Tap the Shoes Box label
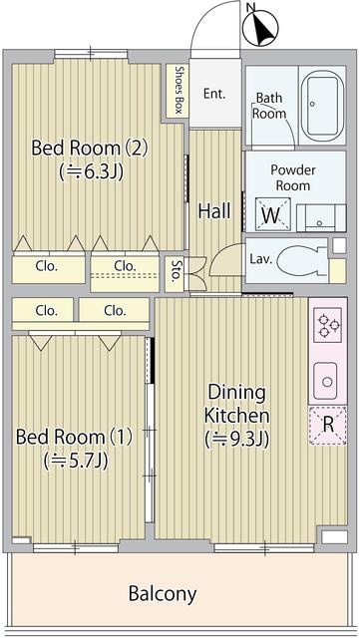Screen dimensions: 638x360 point(178,90)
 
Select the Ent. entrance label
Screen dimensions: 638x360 point(213,95)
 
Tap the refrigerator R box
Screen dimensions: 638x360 point(327,423)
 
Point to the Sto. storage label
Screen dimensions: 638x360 point(177,270)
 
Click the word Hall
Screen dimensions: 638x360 point(214,211)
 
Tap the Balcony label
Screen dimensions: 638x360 point(163,594)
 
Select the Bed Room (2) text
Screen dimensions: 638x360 point(90,149)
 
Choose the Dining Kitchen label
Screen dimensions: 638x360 point(236,403)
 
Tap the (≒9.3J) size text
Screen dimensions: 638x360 point(237,437)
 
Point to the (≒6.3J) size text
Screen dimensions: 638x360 point(90,171)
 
